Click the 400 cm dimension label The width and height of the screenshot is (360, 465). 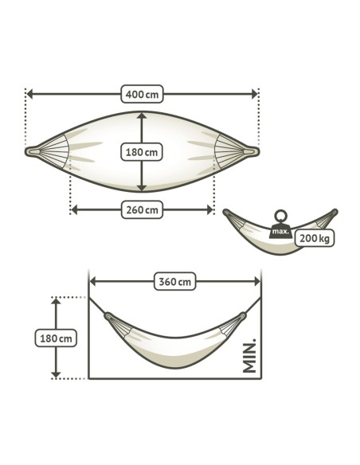(x=142, y=94)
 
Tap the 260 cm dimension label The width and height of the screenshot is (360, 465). (x=142, y=209)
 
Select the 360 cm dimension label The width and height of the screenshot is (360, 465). (x=175, y=281)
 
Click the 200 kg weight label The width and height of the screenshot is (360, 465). (x=315, y=238)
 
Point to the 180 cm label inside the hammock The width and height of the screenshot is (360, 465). (x=142, y=152)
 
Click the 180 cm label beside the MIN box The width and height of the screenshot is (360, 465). (x=56, y=338)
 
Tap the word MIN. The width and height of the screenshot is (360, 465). (x=249, y=356)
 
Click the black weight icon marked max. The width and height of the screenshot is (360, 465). (x=280, y=232)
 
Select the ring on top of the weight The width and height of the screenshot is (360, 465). (x=280, y=216)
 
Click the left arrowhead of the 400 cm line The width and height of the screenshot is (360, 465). (x=30, y=94)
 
